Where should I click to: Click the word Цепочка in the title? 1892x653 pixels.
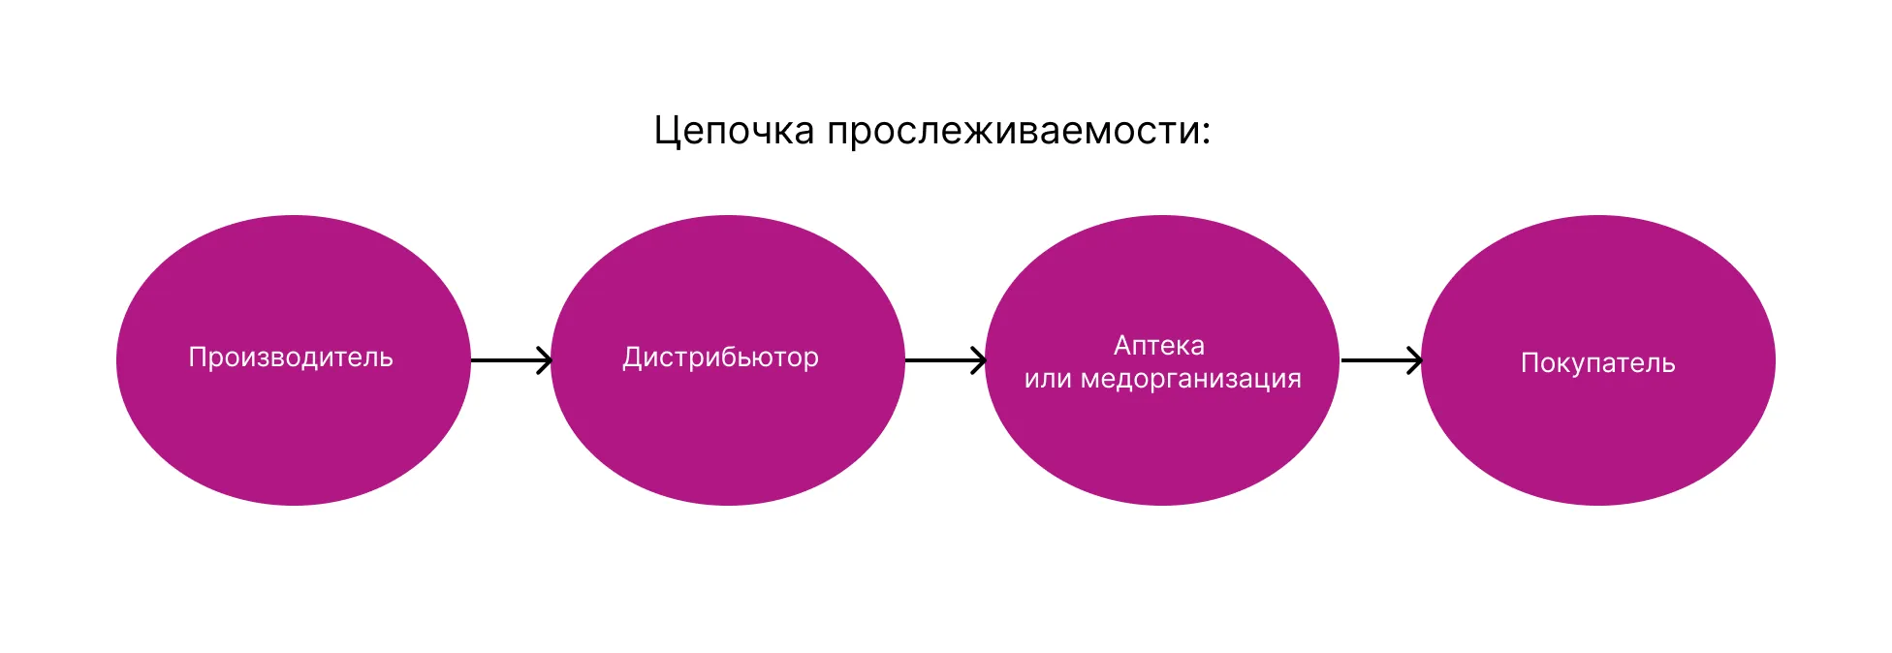733,131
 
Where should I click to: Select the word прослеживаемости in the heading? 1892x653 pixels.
1014,131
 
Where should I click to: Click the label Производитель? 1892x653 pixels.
290,358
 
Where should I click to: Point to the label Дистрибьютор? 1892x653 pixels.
720,358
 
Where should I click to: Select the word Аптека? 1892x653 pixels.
1159,345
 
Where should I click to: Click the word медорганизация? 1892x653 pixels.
1190,379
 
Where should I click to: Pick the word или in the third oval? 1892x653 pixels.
1047,379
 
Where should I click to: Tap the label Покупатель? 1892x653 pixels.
1597,363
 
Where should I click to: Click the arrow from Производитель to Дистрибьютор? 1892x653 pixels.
510,360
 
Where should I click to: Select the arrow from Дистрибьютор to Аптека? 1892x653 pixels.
944,360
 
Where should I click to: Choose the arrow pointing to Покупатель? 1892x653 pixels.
1380,360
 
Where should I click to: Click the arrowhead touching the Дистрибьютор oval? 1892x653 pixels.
546,360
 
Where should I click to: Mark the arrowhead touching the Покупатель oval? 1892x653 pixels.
1416,360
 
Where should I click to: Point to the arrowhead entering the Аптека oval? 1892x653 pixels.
980,360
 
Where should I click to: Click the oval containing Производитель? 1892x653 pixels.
293,436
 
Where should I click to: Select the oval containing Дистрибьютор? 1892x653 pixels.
727,436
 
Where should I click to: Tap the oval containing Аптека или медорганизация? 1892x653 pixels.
1161,446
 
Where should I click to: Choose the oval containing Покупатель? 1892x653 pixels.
1597,436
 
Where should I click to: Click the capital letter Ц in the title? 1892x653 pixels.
664,131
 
